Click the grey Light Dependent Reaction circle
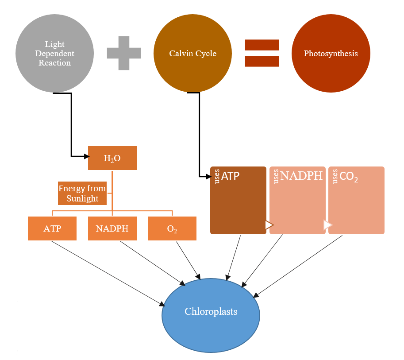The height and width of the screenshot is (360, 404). tap(54, 54)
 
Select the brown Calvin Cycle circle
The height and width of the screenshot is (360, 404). tap(192, 54)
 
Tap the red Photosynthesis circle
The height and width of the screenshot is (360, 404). tap(331, 54)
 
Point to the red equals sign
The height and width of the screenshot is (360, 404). tap(262, 53)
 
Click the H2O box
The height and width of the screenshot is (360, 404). tap(112, 158)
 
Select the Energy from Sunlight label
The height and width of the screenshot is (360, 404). tap(82, 194)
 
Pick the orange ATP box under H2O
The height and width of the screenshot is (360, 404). tap(52, 228)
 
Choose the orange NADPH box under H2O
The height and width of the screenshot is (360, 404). tap(112, 228)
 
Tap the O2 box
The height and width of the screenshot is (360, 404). tap(172, 228)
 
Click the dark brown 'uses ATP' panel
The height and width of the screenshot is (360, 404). tap(238, 200)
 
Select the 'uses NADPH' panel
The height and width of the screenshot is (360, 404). tap(297, 200)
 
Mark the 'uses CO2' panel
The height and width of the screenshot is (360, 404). tap(356, 200)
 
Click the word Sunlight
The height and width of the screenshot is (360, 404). tap(82, 198)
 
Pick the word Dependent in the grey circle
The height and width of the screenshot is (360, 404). tap(54, 54)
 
